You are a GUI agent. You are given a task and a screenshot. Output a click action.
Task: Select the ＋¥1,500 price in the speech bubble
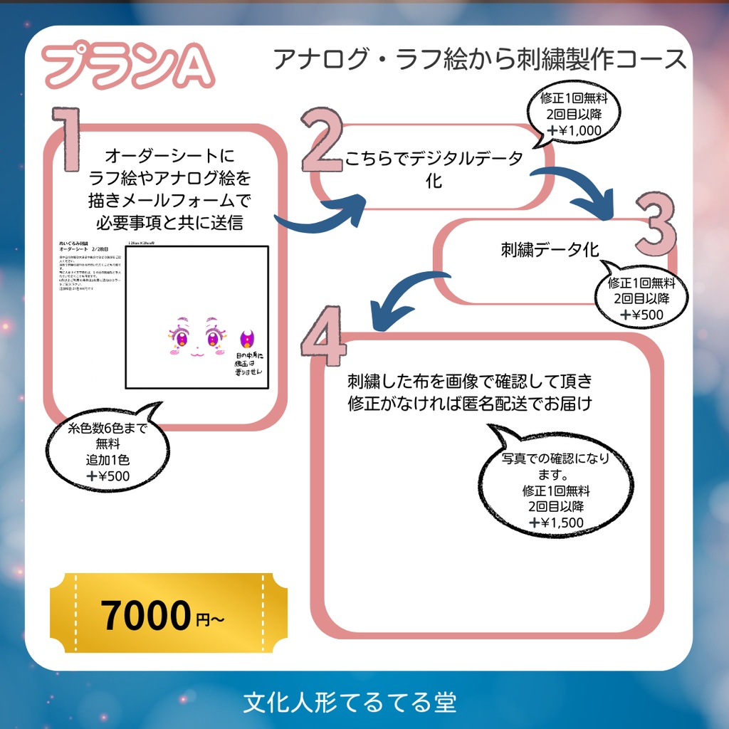click(x=556, y=523)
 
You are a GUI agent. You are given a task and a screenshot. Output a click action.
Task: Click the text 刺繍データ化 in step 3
click(x=550, y=250)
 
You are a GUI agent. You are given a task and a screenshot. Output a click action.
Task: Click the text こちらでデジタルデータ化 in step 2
click(x=434, y=167)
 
